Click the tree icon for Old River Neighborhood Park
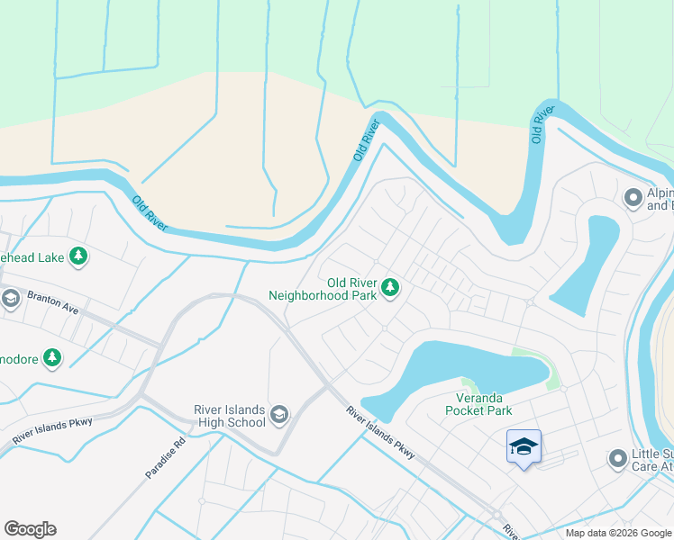(390, 287)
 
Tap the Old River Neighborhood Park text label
(324, 287)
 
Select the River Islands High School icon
(278, 414)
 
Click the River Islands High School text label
(230, 415)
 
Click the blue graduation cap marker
(524, 447)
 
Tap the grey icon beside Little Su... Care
(617, 459)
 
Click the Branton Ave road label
(51, 302)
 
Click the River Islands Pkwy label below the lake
(381, 433)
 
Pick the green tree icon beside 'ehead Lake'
(79, 257)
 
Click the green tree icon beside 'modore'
(52, 357)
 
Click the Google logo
(30, 529)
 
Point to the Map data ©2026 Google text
(617, 533)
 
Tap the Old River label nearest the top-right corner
(539, 124)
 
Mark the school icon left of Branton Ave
(10, 298)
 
